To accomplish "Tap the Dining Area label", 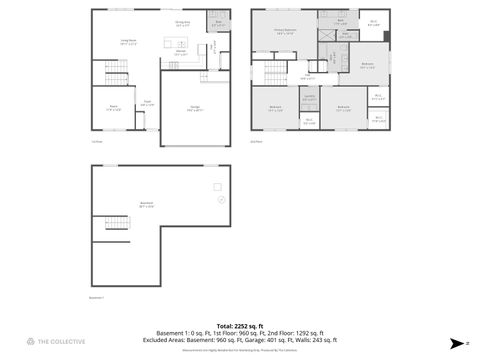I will click(183, 24).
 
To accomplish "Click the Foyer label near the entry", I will click(147, 102).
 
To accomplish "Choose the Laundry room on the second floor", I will click(309, 97).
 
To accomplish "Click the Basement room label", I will click(147, 204).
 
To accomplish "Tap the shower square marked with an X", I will click(326, 33).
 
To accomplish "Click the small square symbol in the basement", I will click(217, 186).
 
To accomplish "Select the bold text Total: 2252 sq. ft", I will click(240, 326).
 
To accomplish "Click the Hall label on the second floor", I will click(308, 76).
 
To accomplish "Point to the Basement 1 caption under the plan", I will click(97, 297).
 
